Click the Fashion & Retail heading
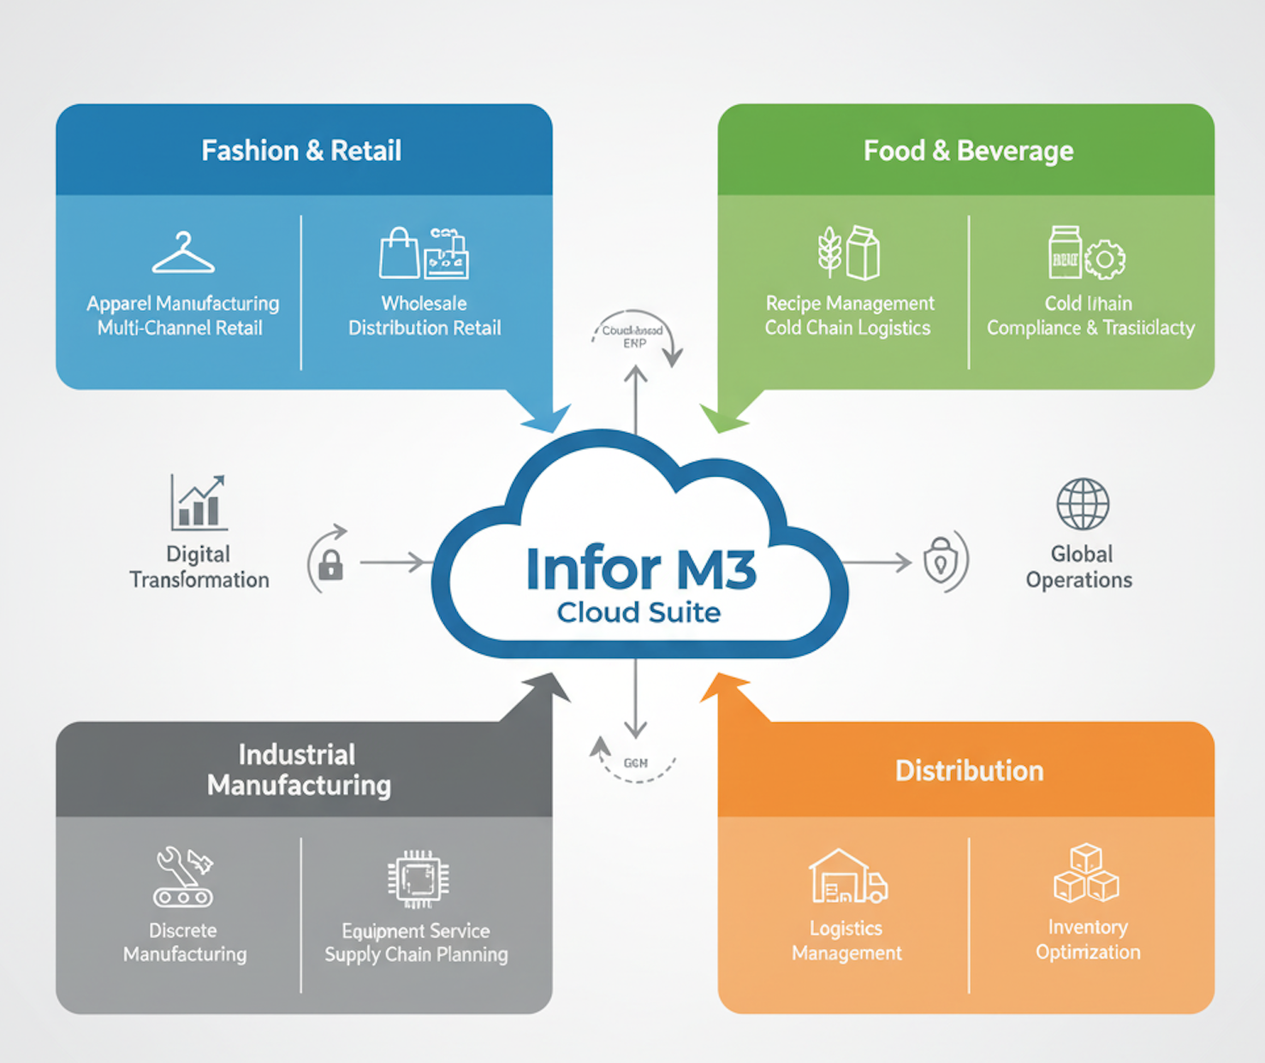click(x=301, y=151)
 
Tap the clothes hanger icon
click(x=183, y=253)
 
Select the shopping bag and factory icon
click(x=424, y=253)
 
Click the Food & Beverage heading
click(x=968, y=151)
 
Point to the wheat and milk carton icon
click(x=848, y=253)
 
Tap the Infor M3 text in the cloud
click(x=640, y=569)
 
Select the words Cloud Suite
click(x=638, y=613)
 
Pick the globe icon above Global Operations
click(x=1083, y=504)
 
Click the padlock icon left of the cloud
click(x=330, y=565)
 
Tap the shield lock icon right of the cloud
click(x=941, y=561)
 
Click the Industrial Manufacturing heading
click(x=299, y=769)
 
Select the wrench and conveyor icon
click(x=183, y=877)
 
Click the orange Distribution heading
click(x=969, y=770)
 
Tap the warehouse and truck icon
click(x=847, y=877)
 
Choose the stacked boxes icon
click(x=1086, y=874)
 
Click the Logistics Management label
click(x=846, y=941)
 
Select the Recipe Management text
click(x=850, y=304)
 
